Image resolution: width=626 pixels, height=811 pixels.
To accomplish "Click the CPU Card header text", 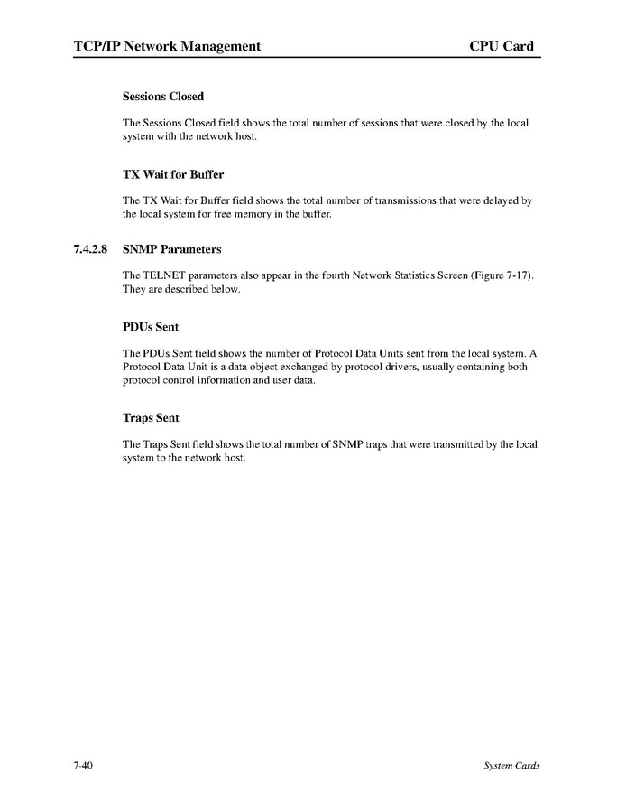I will coord(502,46).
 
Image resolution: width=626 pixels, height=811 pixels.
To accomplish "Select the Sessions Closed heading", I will coord(163,97).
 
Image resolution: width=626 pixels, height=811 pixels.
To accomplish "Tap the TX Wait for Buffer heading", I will coord(173,174).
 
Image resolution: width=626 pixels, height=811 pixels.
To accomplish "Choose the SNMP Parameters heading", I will coord(171,249).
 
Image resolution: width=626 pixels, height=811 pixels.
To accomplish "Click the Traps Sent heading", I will coord(151,418).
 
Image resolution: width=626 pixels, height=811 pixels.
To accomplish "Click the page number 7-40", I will coord(85,766).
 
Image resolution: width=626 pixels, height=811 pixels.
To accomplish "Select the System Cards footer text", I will coord(511,766).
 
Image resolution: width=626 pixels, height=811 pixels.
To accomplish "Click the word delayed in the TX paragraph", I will coord(503,200).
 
